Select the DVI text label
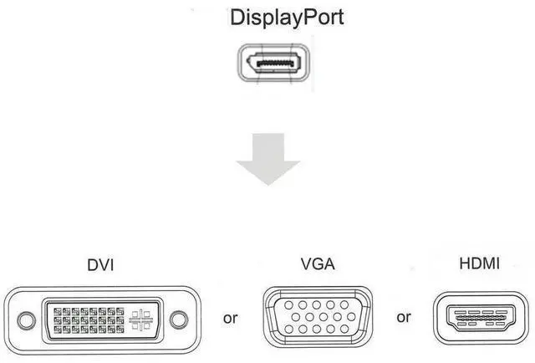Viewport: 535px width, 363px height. (100, 265)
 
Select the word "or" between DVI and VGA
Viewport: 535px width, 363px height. (231, 318)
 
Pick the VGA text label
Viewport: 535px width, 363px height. (318, 265)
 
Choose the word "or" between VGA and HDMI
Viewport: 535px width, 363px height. (404, 318)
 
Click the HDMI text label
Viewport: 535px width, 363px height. (480, 264)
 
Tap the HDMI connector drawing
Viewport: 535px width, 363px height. (480, 319)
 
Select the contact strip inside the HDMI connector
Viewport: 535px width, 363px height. (480, 318)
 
